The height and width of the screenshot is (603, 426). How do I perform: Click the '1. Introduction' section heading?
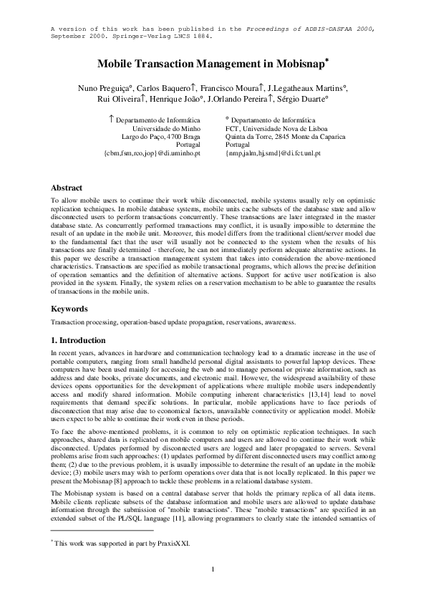(x=79, y=340)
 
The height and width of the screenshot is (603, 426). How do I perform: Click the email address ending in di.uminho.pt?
(x=153, y=153)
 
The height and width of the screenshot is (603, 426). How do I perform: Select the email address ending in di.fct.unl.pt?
(x=273, y=153)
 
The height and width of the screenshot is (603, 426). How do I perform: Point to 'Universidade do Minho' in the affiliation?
(x=166, y=127)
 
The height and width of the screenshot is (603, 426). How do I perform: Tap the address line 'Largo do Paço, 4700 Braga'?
(x=161, y=136)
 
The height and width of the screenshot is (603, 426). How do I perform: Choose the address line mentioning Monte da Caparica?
(x=276, y=136)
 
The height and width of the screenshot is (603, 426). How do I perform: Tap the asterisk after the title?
(x=326, y=60)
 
